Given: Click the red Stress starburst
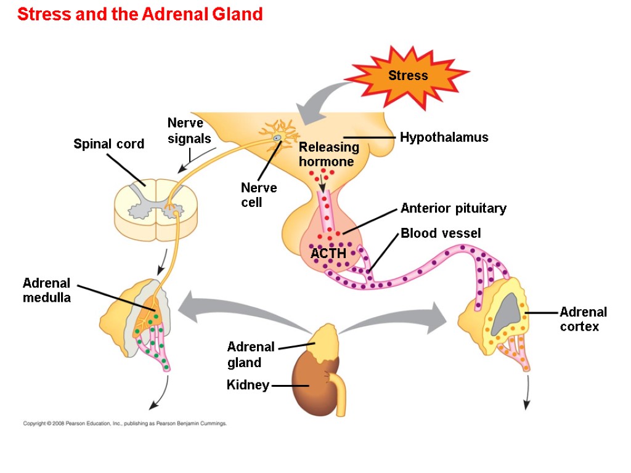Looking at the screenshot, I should point(407,76).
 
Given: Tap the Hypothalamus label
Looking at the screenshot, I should point(444,137).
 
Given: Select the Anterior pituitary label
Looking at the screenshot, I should point(453,208).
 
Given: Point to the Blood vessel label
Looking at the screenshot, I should point(441,233).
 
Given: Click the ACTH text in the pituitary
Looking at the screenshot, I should point(328,253).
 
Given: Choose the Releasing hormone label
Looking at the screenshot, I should point(328,155).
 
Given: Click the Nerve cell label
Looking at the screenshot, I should point(259,195).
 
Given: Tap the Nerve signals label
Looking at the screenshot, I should point(189,131).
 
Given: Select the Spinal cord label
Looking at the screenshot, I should point(108,144).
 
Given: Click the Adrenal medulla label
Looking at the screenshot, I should point(47,290).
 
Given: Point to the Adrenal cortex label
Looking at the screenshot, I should point(583,319).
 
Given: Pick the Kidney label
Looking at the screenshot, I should point(248,386).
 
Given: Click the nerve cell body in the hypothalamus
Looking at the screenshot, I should point(278,137).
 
